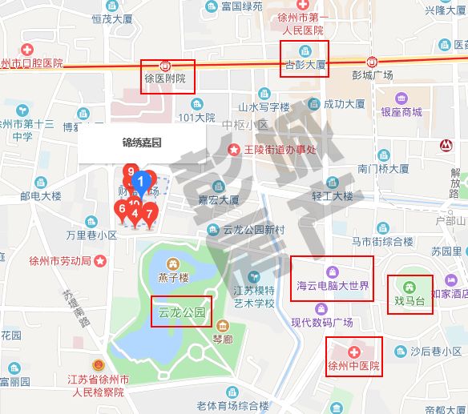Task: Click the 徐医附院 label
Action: tap(164, 79)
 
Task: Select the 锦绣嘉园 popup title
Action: tap(142, 143)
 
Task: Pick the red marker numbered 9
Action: tap(129, 171)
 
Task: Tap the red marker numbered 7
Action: tap(148, 214)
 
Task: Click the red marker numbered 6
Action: tap(122, 210)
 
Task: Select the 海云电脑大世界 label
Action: tap(333, 285)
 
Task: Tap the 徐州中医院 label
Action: tap(353, 368)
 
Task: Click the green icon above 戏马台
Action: tap(409, 287)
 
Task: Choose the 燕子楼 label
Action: tap(173, 279)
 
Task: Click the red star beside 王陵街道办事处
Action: tap(234, 149)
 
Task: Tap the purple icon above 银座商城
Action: tap(401, 98)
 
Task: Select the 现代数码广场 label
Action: tap(322, 323)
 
